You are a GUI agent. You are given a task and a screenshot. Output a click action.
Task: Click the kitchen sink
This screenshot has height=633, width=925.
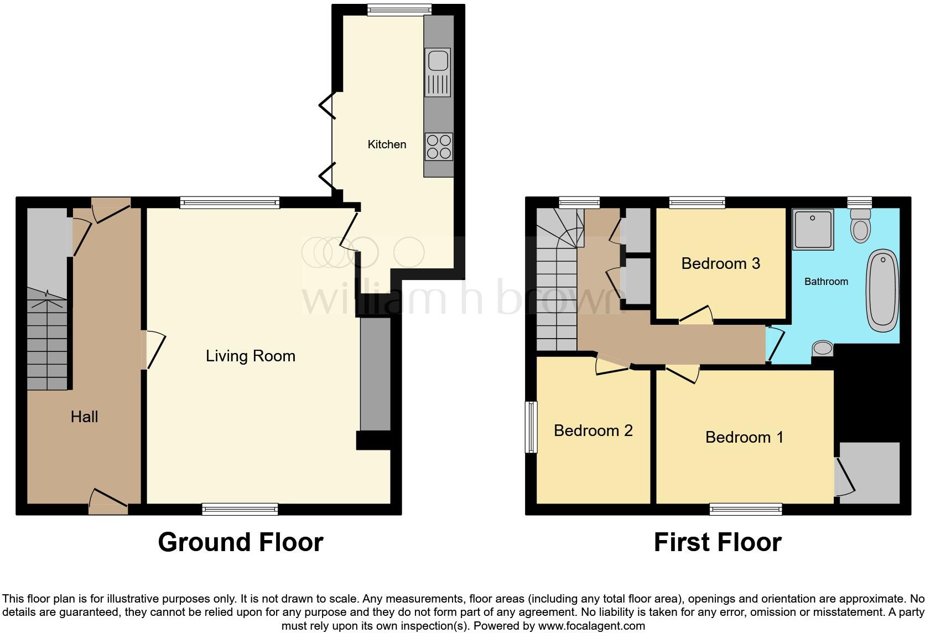tap(438, 72)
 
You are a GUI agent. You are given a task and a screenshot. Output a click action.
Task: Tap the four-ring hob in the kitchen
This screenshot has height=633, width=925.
tap(439, 147)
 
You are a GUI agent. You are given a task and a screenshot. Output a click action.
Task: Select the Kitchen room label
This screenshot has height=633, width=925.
tap(387, 144)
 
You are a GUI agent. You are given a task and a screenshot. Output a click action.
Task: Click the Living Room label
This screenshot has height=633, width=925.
tap(250, 356)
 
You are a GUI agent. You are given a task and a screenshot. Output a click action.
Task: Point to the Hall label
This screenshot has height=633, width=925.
tap(84, 417)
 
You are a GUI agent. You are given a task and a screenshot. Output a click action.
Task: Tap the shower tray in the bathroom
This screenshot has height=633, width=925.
tap(813, 229)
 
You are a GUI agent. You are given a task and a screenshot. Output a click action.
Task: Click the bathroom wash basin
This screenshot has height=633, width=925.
tap(823, 349)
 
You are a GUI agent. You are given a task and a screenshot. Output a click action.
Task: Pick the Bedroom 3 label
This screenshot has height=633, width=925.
tap(720, 263)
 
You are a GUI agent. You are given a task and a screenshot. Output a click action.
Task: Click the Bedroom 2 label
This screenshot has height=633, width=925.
tap(593, 430)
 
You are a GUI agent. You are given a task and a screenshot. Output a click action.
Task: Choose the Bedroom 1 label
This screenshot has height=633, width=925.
tap(744, 437)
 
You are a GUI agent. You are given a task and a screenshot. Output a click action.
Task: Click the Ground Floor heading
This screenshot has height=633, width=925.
tap(240, 542)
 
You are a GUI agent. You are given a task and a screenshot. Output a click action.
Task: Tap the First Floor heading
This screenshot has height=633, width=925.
tap(718, 542)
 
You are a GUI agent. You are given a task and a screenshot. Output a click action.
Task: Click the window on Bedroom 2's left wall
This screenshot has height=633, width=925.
tap(532, 427)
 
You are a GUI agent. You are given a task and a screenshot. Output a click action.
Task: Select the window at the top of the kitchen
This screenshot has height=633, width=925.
tap(399, 8)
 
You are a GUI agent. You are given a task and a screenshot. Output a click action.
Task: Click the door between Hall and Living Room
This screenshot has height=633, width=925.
tap(153, 350)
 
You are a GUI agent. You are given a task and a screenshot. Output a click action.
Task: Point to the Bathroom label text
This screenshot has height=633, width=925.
tap(825, 282)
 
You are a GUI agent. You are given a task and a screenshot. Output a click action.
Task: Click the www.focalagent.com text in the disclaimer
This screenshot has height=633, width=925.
tap(591, 626)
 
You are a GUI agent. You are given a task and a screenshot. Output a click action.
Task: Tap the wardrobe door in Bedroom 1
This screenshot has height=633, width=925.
tap(845, 477)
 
